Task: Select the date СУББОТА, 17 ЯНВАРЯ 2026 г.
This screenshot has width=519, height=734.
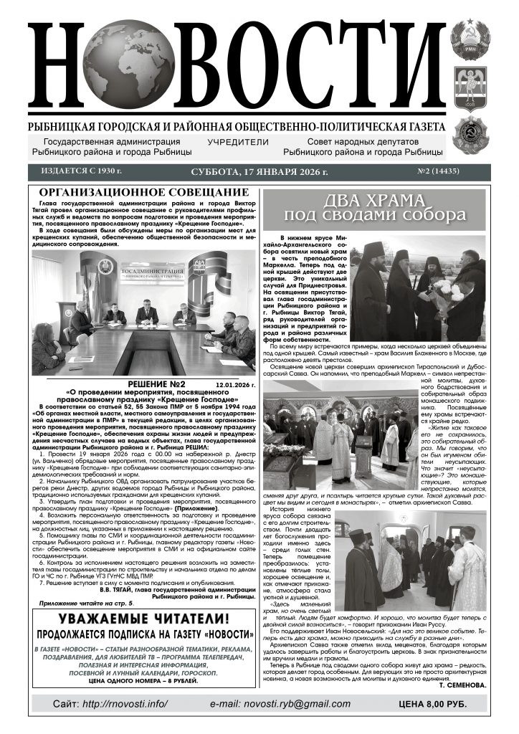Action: [x=259, y=172]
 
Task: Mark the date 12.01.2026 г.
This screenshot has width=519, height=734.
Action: [x=235, y=385]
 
